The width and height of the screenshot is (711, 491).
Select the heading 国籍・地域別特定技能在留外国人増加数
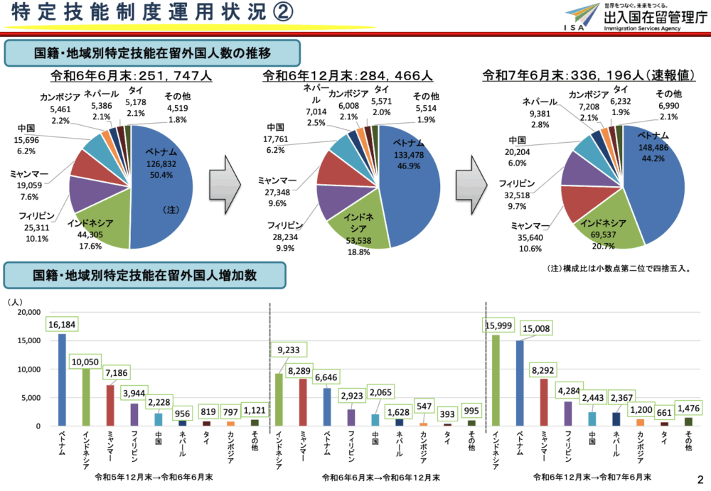pos(145,275)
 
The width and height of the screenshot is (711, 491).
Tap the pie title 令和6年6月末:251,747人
pos(132,76)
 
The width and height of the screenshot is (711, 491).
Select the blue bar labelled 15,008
pos(519,383)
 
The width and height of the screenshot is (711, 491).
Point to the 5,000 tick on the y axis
pos(29,398)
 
